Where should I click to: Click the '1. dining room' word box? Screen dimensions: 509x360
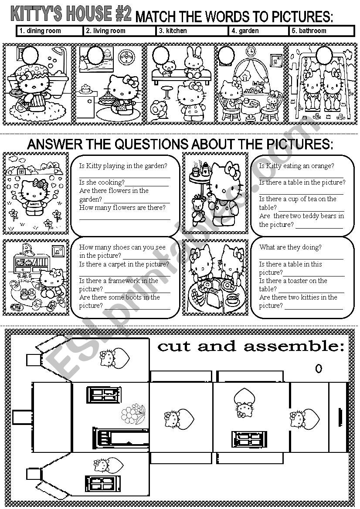49,31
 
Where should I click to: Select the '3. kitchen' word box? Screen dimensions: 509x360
192,31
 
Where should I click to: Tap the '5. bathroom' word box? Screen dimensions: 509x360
321,31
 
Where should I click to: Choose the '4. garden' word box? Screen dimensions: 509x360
258,31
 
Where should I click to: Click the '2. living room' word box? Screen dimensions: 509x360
119,31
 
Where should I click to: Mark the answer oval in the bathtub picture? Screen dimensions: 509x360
30,55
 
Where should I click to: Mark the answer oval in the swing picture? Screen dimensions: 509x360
323,55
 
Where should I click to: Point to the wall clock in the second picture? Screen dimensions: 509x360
126,57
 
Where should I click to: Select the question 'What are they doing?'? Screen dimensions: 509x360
290,247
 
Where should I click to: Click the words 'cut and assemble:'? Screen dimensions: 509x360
251,347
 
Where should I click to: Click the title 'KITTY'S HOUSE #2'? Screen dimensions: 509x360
71,14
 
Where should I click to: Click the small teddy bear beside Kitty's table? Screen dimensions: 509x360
199,209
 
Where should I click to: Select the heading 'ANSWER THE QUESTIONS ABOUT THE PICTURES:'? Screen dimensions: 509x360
180,145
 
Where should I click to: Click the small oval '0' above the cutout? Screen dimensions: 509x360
319,369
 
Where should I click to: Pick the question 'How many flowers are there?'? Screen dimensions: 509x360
122,208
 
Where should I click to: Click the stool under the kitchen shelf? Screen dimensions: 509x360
166,92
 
